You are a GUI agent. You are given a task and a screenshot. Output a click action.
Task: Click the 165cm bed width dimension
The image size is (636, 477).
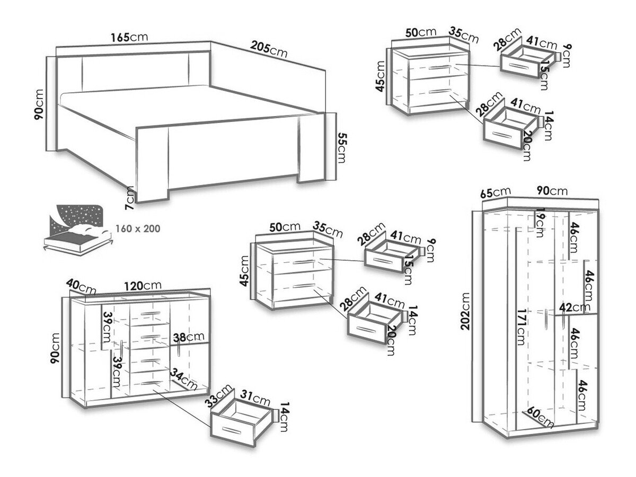point(129,37)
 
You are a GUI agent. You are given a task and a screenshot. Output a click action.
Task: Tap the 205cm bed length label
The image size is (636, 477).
point(269,49)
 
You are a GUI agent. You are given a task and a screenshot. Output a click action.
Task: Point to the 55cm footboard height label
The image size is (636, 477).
point(342,148)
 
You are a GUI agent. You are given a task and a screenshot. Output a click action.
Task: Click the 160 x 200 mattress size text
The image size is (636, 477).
point(138,228)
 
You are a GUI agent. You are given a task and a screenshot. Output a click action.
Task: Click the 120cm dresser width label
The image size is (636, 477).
point(143,286)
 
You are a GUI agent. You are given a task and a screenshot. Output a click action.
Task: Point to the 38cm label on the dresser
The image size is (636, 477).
point(189,337)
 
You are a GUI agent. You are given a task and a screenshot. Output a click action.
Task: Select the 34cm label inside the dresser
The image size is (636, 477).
point(184,379)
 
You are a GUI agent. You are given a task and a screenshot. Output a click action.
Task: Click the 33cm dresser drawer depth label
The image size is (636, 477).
point(218,395)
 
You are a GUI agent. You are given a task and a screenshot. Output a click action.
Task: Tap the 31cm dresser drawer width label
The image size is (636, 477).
point(255,398)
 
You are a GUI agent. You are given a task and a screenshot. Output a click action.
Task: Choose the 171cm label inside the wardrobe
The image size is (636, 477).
point(520,327)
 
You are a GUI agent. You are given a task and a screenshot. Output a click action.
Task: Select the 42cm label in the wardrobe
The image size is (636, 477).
point(575,307)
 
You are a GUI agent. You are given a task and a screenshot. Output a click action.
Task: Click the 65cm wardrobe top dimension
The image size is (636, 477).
point(495,192)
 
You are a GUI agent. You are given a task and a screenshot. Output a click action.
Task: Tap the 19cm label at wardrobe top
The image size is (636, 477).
point(540,223)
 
